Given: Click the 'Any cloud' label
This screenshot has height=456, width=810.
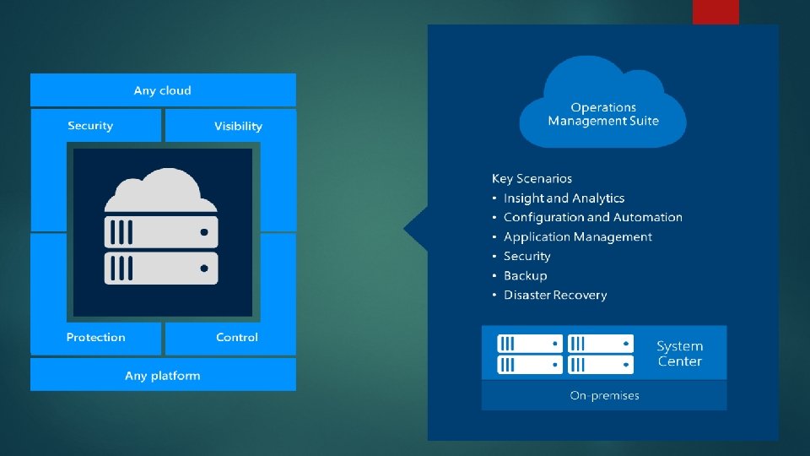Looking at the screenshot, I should [163, 90].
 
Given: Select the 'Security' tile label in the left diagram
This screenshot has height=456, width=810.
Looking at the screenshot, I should [90, 126].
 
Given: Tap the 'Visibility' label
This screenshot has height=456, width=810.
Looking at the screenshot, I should [238, 126].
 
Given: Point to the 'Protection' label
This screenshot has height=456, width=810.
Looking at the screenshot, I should [95, 337].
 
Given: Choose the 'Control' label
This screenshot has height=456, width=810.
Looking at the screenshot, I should [237, 337].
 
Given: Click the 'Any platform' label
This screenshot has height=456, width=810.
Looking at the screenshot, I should [163, 375].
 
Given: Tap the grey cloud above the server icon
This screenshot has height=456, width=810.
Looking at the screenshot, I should [160, 192].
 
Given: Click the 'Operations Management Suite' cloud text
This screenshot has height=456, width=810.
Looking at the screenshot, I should [602, 114].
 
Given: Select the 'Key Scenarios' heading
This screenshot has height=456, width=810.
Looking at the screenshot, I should [532, 178].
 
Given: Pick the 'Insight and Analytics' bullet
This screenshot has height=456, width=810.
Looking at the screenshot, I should [564, 198].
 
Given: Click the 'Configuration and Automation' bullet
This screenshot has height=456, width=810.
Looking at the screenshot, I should [592, 217].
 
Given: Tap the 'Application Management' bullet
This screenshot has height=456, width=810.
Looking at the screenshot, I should [577, 236].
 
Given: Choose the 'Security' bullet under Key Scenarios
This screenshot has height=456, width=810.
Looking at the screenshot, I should [526, 256].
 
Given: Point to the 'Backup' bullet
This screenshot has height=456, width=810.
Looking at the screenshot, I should [525, 275].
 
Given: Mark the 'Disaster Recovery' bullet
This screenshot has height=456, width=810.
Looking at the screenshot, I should [555, 295].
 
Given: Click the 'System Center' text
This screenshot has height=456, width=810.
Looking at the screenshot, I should [679, 354].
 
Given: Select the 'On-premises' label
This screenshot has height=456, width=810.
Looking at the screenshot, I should [604, 395].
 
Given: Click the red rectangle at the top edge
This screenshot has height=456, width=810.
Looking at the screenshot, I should [715, 12].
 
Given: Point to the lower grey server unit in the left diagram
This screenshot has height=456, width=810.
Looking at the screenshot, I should [161, 268].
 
